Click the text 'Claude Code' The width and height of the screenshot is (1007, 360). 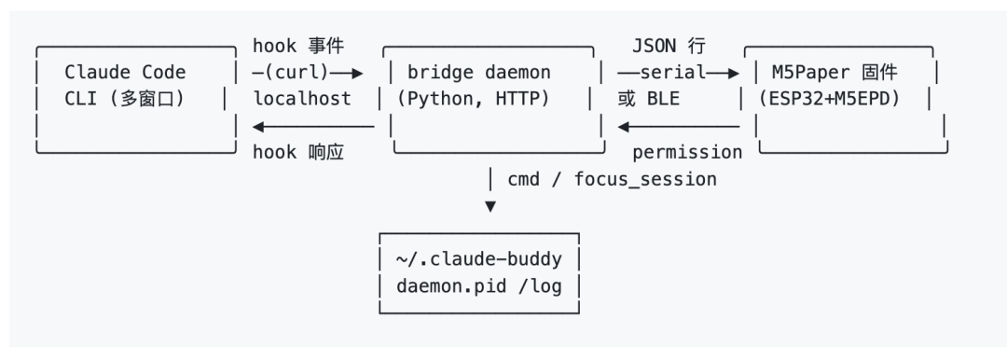click(x=125, y=72)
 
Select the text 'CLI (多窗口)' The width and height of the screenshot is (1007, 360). click(x=125, y=99)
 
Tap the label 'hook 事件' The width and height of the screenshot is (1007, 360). click(x=298, y=46)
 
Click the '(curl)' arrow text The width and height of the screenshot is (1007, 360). click(x=297, y=73)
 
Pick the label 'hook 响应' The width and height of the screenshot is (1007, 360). click(x=298, y=152)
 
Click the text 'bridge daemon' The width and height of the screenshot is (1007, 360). click(x=479, y=72)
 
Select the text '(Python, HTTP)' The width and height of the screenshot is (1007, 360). click(x=474, y=99)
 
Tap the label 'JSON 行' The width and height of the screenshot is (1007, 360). click(x=669, y=46)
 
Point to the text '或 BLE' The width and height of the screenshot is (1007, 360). click(x=648, y=99)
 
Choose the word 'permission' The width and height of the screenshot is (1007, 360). click(x=687, y=153)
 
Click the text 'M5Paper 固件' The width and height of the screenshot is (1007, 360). click(x=835, y=72)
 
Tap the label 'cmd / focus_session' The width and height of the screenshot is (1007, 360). click(x=612, y=179)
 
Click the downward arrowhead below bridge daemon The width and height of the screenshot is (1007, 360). click(x=490, y=206)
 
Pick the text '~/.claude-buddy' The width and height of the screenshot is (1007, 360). click(x=479, y=259)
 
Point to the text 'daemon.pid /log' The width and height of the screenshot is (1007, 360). click(x=479, y=286)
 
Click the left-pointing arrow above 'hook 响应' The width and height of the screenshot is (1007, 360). click(x=313, y=126)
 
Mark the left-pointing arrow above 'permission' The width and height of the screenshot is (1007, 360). click(x=678, y=126)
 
